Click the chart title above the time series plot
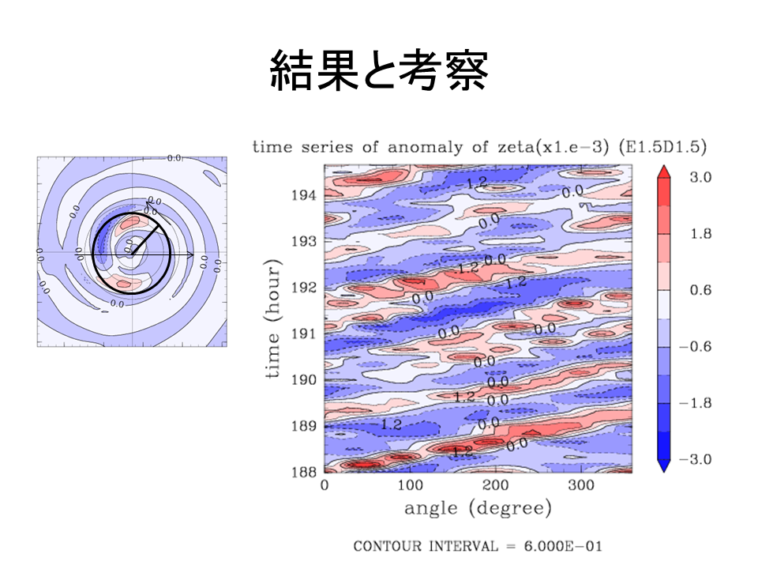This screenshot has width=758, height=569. click(478, 146)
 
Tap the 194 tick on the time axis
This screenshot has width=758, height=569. click(306, 194)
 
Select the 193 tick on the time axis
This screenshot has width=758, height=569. click(306, 240)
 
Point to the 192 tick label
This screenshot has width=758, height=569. click(306, 287)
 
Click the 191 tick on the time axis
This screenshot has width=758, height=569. click(306, 333)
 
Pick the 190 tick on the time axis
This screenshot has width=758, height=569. click(306, 379)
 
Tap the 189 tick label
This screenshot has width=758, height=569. click(306, 426)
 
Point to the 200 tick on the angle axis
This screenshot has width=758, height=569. click(496, 484)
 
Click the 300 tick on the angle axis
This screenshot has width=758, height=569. click(581, 484)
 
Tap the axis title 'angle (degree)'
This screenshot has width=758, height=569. click(478, 508)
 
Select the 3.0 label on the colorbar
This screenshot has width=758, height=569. click(701, 179)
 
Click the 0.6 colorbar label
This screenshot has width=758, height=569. click(701, 291)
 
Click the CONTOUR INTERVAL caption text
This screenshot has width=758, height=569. click(478, 546)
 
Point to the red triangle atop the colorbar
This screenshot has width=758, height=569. click(665, 171)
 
